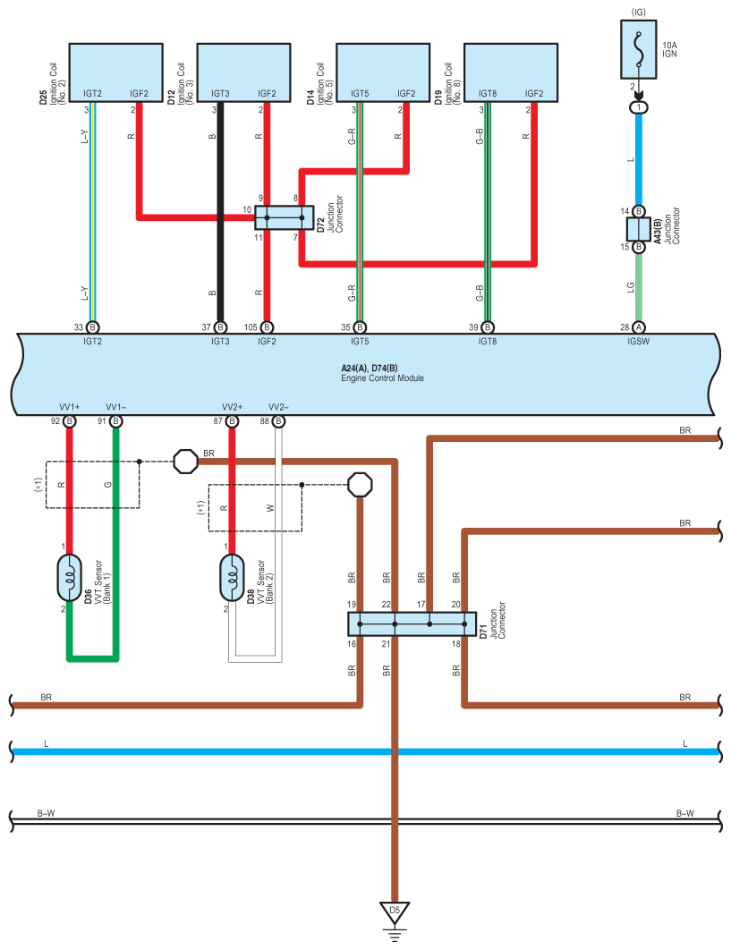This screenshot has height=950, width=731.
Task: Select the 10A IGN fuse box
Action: point(638,50)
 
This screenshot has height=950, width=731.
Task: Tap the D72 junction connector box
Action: point(285,217)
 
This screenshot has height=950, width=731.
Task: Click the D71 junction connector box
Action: point(412,624)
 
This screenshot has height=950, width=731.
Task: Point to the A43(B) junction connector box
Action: point(638,229)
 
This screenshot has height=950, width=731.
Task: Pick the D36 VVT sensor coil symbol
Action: point(69,578)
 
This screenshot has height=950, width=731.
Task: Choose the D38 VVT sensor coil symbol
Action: point(232,578)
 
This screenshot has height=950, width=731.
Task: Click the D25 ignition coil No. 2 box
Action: point(115,72)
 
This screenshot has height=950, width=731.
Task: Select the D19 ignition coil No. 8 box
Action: point(511,72)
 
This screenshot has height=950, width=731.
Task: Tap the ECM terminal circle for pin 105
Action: point(267,327)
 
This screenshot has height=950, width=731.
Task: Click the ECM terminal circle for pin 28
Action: point(638,327)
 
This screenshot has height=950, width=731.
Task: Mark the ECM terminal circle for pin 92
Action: point(69,421)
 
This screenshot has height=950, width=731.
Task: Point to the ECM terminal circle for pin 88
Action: point(278,421)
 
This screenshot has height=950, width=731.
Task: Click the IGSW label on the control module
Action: point(638,342)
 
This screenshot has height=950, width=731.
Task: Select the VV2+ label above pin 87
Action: point(232,407)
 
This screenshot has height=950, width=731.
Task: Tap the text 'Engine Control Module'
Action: point(382,378)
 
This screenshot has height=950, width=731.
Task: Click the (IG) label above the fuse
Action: point(638,13)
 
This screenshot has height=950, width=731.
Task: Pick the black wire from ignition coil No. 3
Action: point(221,212)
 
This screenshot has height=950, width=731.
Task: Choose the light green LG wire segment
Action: point(638,287)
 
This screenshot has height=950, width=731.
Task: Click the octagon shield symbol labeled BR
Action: point(185,462)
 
